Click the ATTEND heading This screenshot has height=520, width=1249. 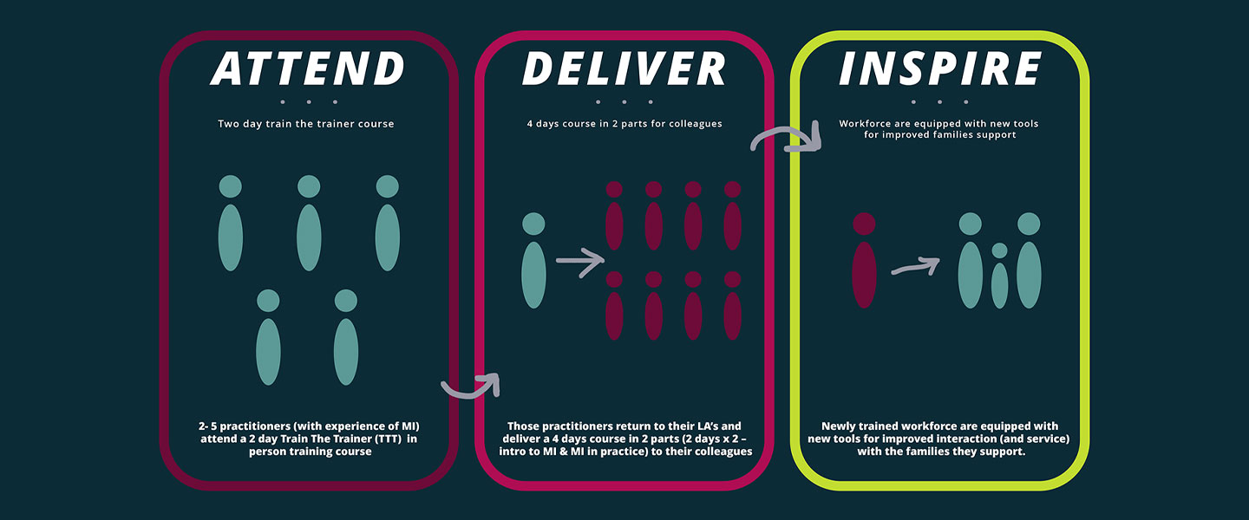(307, 68)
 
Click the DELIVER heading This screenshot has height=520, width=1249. (624, 68)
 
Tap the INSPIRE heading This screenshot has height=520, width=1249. (940, 68)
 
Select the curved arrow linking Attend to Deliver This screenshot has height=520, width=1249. (471, 388)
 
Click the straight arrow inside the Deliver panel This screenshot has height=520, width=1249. (580, 262)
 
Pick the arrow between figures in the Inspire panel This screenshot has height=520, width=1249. (916, 266)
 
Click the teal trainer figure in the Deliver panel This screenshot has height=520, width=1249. (533, 260)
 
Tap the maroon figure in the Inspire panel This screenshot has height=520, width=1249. (864, 260)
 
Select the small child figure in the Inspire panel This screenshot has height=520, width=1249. (1000, 276)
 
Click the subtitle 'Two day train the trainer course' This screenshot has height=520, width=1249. (306, 124)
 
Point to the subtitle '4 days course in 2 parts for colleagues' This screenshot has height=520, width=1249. (624, 124)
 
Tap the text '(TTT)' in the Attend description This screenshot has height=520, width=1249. (388, 439)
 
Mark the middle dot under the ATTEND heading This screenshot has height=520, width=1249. (309, 102)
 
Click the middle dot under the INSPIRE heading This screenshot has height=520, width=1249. (940, 102)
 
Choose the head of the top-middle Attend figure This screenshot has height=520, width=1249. (309, 186)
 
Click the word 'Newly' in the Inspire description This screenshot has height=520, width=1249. (838, 426)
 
